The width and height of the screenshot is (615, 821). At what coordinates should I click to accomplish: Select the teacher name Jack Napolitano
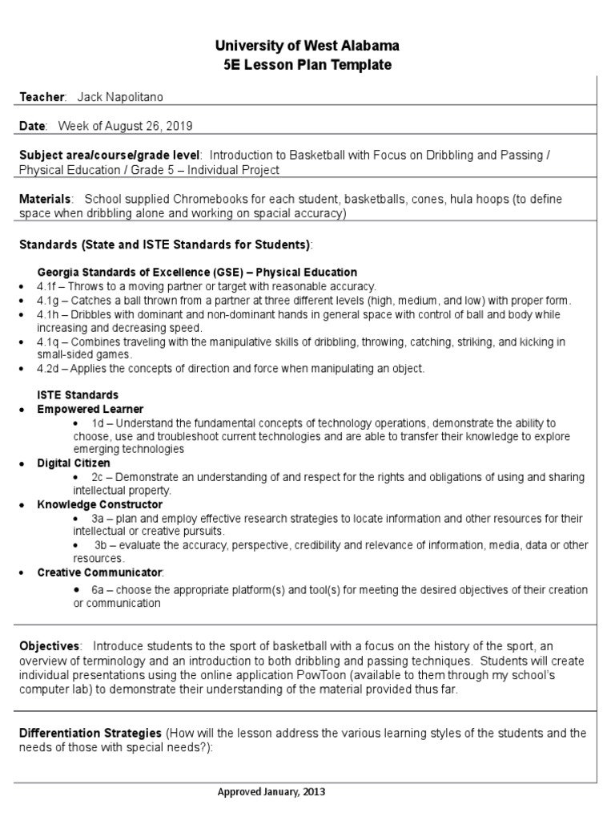[124, 97]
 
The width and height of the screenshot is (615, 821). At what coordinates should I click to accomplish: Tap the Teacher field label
[42, 97]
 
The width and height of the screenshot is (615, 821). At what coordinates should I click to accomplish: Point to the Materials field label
[45, 199]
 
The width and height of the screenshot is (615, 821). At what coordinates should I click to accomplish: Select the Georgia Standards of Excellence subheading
[197, 273]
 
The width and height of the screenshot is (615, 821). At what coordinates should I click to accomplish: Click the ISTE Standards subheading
[78, 395]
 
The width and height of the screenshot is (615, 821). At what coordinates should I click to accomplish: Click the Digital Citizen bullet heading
[74, 463]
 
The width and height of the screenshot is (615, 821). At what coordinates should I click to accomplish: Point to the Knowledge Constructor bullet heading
[99, 505]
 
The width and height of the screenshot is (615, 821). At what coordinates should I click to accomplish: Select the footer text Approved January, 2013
[271, 792]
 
